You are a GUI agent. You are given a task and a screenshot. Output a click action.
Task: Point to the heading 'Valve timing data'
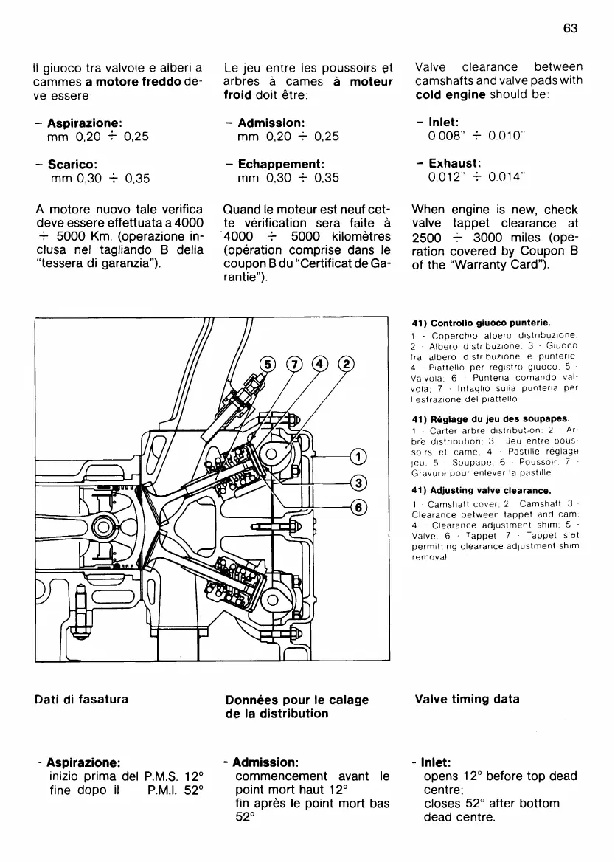467,700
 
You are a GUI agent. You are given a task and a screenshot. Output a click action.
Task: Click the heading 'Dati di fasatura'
81,700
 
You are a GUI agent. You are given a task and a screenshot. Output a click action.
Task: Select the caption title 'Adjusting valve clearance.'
487,490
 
